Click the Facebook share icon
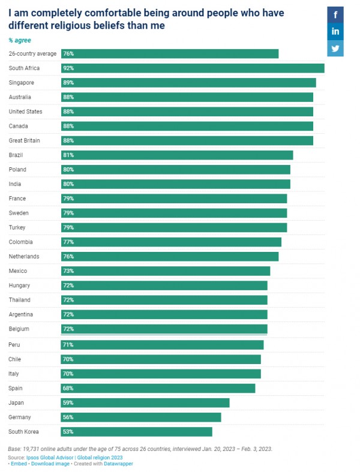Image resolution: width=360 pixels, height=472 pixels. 335,15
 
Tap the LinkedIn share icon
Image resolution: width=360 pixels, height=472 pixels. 335,31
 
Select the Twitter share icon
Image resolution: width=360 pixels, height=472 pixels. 335,48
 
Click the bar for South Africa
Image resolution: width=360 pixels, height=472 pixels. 193,68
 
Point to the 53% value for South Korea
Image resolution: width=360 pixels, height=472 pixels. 68,432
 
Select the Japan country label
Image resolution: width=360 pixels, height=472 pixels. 16,402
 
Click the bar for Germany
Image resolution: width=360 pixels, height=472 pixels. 141,417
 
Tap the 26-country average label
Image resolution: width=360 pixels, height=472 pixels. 32,54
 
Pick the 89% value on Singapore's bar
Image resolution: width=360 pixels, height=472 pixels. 68,83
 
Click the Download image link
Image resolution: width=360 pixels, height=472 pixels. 50,464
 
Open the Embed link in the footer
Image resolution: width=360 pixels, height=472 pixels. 19,464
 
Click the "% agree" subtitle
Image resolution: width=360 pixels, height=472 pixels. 20,40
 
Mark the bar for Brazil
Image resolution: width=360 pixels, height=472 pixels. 177,155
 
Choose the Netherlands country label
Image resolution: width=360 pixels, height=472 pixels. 25,257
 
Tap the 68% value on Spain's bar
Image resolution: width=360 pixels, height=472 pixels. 68,388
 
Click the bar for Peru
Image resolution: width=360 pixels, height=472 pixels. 162,345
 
